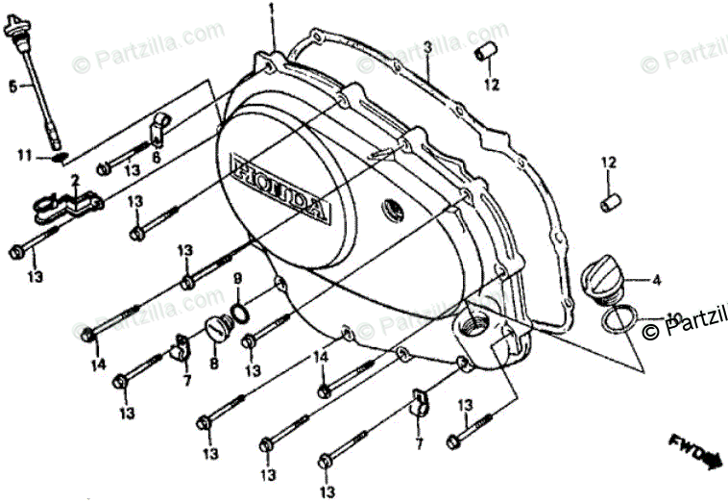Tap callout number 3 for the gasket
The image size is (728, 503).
[x=425, y=46]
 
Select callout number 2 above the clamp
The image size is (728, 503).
[x=73, y=180]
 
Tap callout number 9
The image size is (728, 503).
[x=236, y=279]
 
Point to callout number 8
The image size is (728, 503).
[x=213, y=365]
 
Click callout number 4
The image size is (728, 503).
[x=656, y=281]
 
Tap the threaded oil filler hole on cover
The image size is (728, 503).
[x=474, y=324]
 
